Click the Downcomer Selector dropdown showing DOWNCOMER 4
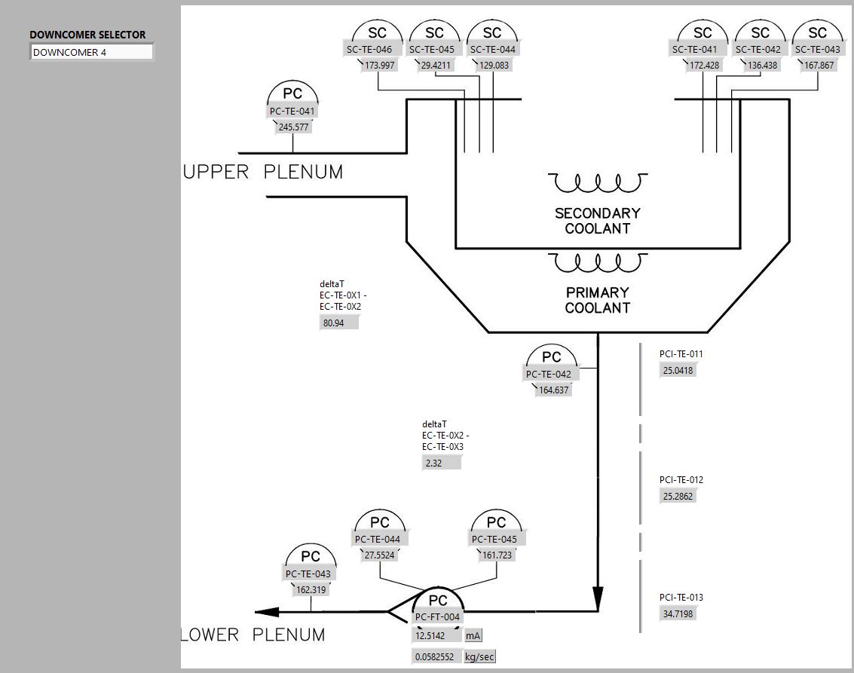click(x=91, y=52)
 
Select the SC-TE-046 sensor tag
click(x=369, y=50)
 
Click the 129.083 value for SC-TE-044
click(x=494, y=66)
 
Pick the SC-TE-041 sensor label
click(x=695, y=50)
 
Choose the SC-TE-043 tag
click(x=818, y=50)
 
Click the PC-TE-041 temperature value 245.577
click(x=293, y=127)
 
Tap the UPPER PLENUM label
click(x=263, y=172)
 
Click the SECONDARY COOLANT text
click(x=598, y=221)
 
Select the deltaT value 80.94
click(x=338, y=323)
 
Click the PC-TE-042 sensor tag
click(x=549, y=374)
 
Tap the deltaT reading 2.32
click(x=441, y=463)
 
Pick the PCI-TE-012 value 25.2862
click(x=678, y=496)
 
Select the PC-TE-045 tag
click(x=494, y=539)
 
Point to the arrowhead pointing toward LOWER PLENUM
click(x=267, y=612)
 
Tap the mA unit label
click(x=473, y=635)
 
